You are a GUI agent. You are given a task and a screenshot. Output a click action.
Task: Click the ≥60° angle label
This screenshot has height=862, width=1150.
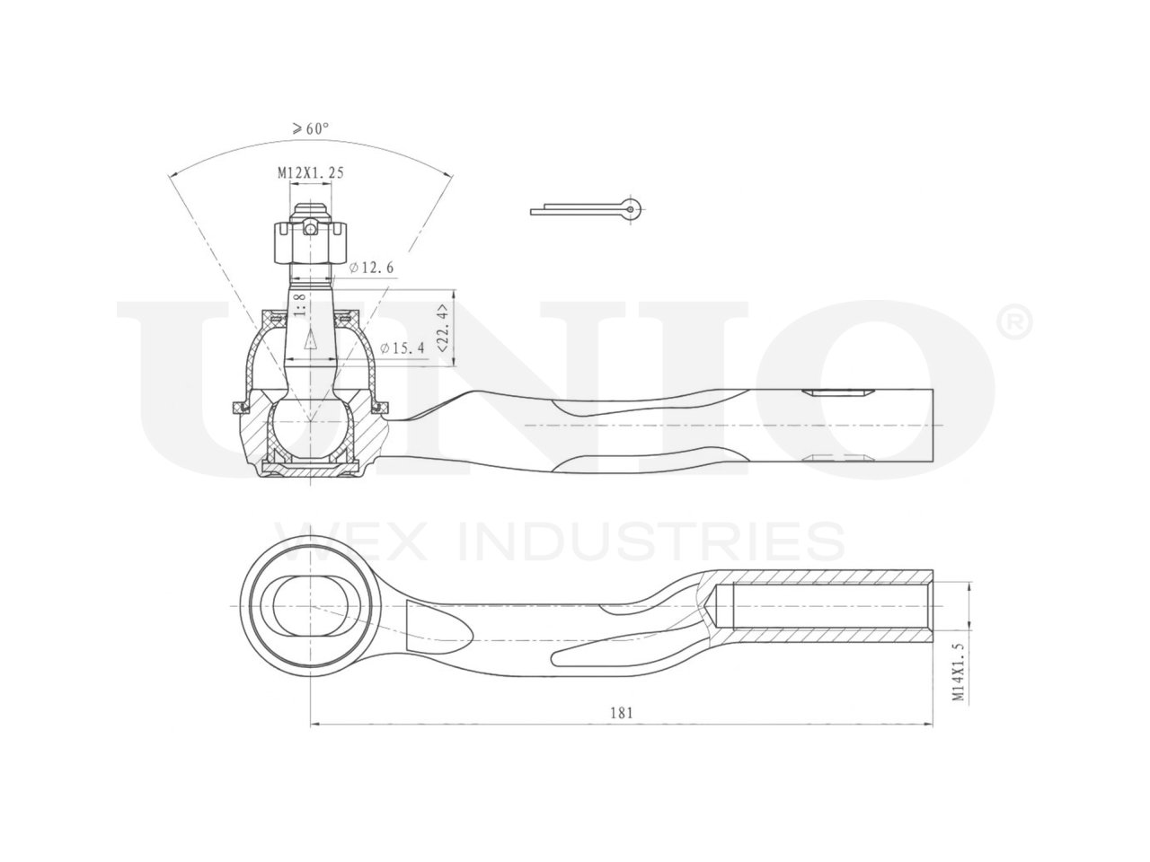pos(309,129)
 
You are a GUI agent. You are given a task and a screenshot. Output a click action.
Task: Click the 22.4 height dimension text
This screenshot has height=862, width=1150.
pos(441,328)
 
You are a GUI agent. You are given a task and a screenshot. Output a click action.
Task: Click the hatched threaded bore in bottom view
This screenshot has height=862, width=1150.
pos(831,606)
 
